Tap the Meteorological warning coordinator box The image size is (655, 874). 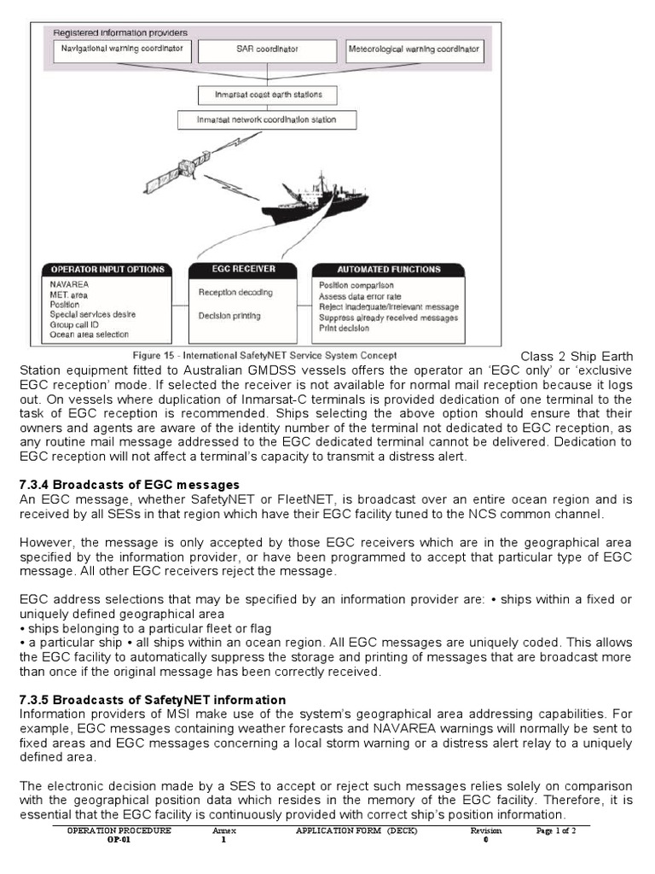[414, 50]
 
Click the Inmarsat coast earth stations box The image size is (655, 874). [267, 94]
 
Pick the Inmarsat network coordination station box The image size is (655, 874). [267, 120]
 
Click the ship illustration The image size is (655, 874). [320, 201]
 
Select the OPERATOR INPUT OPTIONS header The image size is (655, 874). [106, 270]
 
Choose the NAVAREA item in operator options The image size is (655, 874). [69, 284]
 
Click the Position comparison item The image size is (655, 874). [356, 285]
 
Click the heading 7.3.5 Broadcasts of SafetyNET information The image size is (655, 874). [152, 700]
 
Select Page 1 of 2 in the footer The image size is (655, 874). [556, 830]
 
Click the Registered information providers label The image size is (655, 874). [121, 32]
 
